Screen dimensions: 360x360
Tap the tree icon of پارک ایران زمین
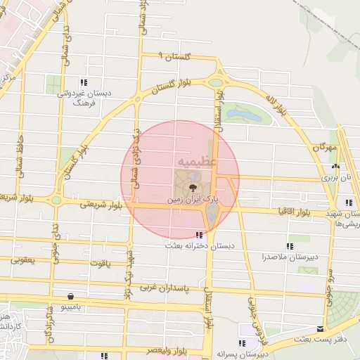[191, 188]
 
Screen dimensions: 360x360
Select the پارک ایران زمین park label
[193, 200]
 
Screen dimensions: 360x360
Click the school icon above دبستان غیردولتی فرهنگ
[84, 82]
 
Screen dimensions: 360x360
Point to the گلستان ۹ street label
[174, 57]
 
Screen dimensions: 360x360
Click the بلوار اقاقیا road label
[292, 211]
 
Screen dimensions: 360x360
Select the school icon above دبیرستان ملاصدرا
[290, 246]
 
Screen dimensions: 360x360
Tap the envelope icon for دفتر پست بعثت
[321, 328]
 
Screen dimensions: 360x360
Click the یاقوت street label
[100, 262]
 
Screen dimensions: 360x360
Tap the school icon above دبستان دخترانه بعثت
[200, 235]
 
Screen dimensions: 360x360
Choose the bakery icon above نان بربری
[335, 167]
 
